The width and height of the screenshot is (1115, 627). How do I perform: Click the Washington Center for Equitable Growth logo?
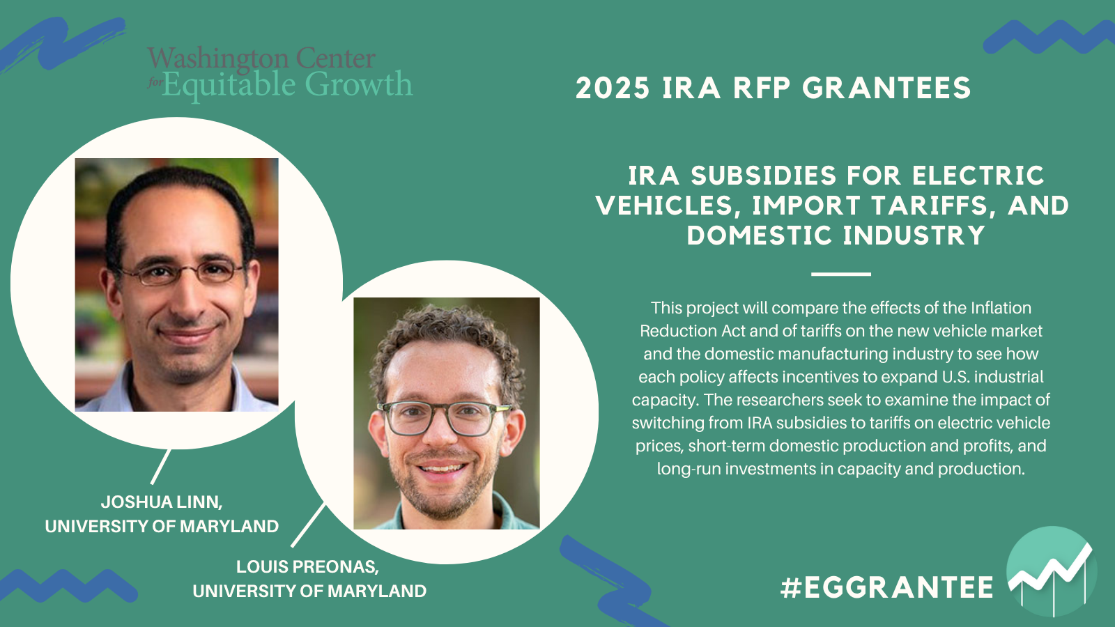pyautogui.click(x=279, y=74)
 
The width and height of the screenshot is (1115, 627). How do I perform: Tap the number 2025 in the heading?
pyautogui.click(x=613, y=88)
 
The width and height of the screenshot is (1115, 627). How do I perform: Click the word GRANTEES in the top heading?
pyautogui.click(x=886, y=88)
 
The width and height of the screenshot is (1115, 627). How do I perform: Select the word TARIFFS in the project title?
pyautogui.click(x=932, y=206)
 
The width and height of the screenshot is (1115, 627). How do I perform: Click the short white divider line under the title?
pyautogui.click(x=840, y=274)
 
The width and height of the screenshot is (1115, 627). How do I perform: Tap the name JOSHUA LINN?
pyautogui.click(x=162, y=502)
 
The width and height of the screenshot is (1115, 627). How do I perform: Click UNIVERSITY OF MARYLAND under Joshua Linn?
pyautogui.click(x=162, y=526)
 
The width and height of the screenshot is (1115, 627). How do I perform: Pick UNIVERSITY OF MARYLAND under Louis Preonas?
pyautogui.click(x=309, y=591)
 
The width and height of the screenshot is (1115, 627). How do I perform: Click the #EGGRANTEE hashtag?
pyautogui.click(x=887, y=587)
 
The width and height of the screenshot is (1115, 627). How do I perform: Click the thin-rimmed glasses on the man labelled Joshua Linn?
pyautogui.click(x=182, y=272)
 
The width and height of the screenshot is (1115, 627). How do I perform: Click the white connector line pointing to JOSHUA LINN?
pyautogui.click(x=160, y=467)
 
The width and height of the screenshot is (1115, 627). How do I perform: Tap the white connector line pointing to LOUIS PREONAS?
pyautogui.click(x=308, y=525)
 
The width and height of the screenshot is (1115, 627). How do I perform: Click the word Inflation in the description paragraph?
pyautogui.click(x=1001, y=308)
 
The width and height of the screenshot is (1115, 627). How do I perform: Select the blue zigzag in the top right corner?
pyautogui.click(x=1049, y=37)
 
